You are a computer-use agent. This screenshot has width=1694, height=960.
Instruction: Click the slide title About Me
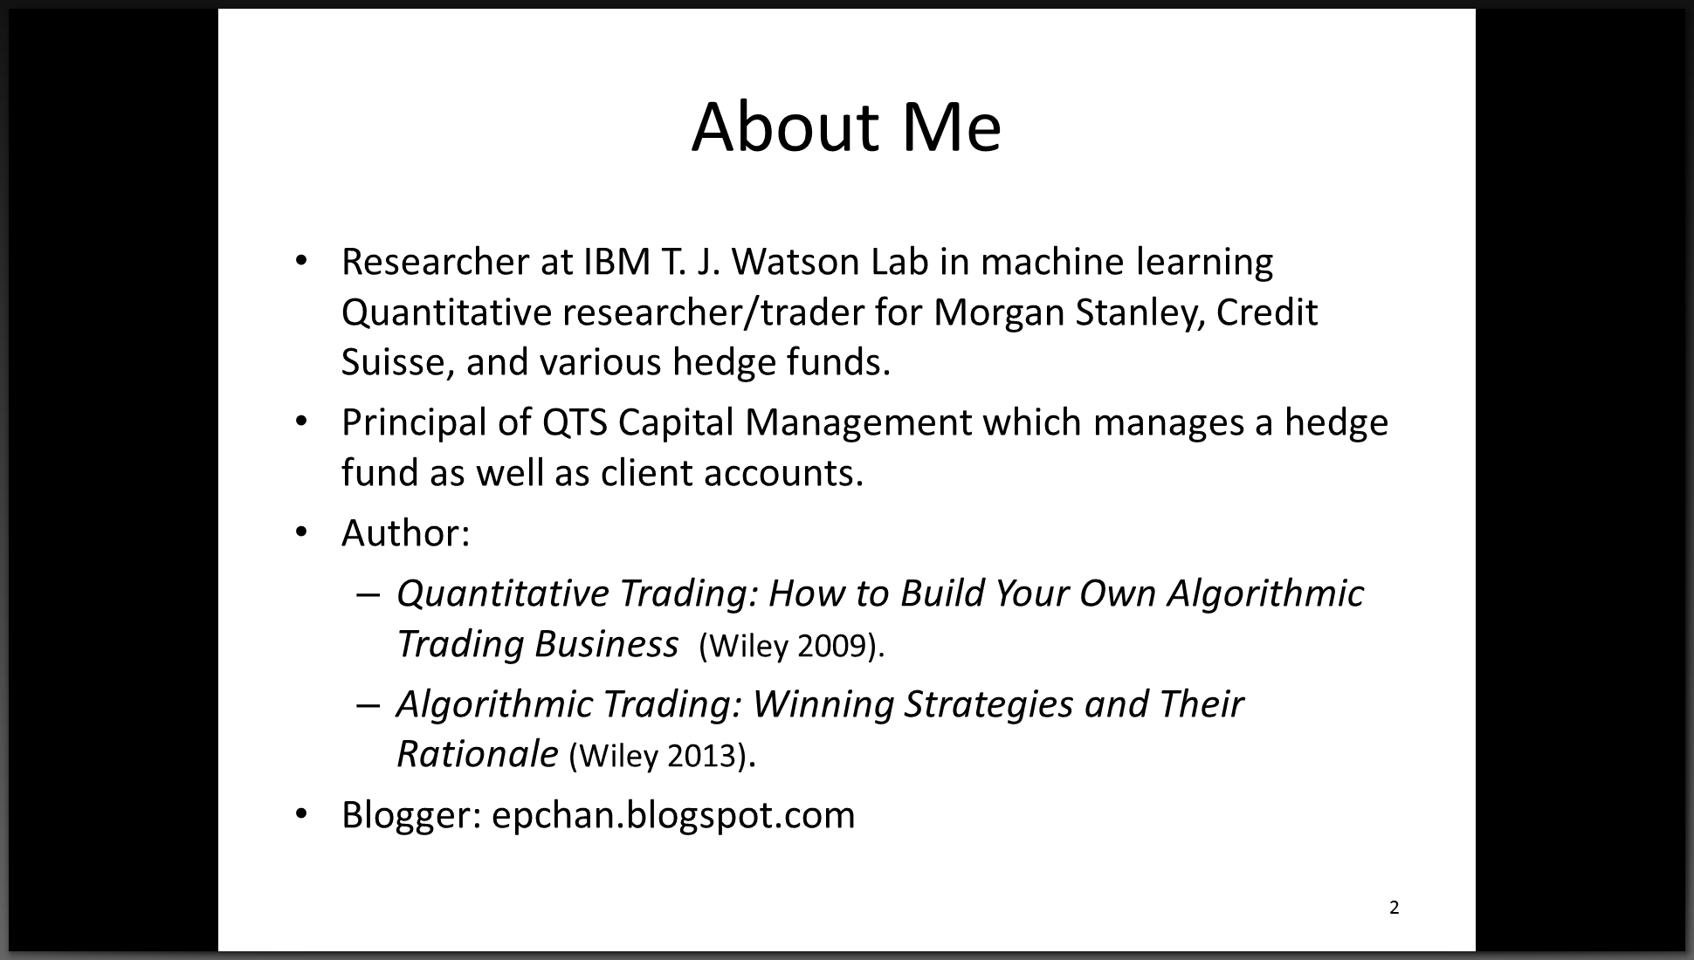[846, 127]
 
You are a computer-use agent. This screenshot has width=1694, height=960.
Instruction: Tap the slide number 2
[1394, 908]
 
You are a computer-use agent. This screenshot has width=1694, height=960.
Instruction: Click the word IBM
[614, 261]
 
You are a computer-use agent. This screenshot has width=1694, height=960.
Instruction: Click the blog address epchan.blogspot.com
[673, 815]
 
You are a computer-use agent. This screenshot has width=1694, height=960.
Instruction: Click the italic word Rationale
[477, 754]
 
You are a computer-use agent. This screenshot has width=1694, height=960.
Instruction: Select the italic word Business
[606, 644]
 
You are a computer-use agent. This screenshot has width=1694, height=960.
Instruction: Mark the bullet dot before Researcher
[302, 260]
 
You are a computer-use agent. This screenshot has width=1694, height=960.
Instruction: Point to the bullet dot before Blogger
[302, 814]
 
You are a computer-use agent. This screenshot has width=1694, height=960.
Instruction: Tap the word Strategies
[988, 705]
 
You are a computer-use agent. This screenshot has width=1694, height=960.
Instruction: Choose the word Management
[858, 422]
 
